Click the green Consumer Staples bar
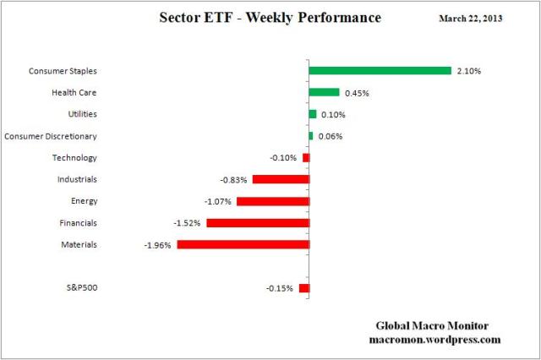coord(380,71)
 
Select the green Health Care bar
coord(324,92)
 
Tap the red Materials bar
coord(243,244)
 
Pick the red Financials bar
coord(258,223)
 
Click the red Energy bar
coord(273,201)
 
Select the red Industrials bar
coord(281,179)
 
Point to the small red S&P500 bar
coord(304,288)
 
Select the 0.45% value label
coord(356,93)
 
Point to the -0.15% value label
coord(280,289)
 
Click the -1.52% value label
coord(188,223)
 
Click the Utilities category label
coord(82,114)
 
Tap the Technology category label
coord(75,158)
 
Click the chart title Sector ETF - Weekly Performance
coord(270,18)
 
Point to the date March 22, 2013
coord(469,18)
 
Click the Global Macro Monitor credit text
coord(432,325)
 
